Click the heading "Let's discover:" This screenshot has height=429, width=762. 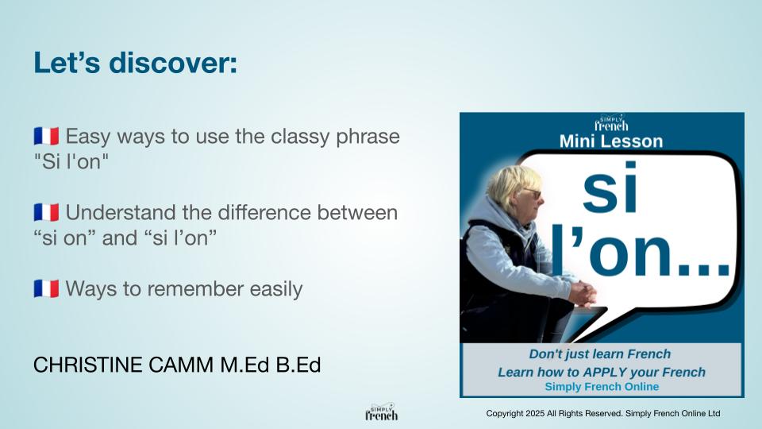(x=135, y=63)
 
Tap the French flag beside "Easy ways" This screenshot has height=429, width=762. (x=46, y=136)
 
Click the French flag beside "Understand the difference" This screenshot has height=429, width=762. (x=46, y=213)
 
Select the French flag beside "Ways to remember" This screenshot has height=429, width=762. (x=46, y=289)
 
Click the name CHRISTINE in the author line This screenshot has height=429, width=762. (x=88, y=365)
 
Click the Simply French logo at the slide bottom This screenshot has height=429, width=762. (x=382, y=412)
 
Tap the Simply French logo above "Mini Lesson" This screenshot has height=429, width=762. (x=611, y=123)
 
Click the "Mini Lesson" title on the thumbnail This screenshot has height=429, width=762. (x=611, y=141)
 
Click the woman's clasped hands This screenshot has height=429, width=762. (x=583, y=293)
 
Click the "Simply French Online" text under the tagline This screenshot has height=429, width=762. (x=602, y=387)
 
